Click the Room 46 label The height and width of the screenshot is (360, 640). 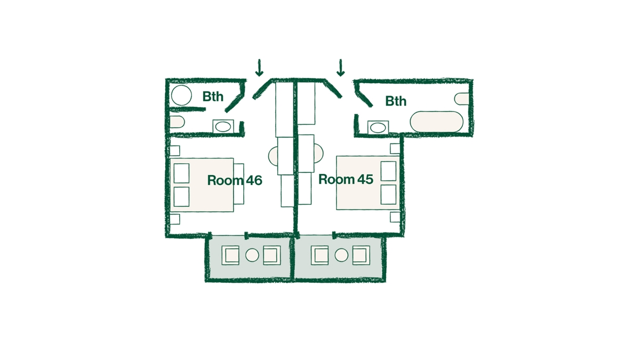pos(235,180)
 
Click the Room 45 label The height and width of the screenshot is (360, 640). pos(346,179)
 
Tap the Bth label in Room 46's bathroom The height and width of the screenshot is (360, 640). pos(213,97)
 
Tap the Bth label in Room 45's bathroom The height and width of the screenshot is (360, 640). pos(396,101)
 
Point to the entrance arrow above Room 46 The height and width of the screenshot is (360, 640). pos(259,68)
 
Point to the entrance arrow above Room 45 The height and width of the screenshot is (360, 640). pos(340,68)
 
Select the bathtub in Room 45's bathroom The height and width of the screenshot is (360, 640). pos(437,122)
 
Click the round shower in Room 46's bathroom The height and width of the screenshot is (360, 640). pos(181,95)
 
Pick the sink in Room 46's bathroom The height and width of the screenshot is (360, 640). pos(223,126)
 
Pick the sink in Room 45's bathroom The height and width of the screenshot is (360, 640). pos(378,127)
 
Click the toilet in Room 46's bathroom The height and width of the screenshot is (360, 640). pos(177,122)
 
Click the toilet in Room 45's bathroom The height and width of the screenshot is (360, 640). pos(462,99)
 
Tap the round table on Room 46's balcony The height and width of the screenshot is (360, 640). pos(252,255)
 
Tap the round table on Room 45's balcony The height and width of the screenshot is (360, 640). pos(341,255)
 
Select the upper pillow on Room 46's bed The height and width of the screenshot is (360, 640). pos(181,173)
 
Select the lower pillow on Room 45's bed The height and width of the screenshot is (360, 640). pos(389,194)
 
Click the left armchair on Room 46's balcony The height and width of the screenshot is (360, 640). pos(230,255)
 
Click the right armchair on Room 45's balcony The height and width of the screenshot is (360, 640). pos(361,255)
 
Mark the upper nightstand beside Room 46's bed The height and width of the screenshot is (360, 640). pos(175,150)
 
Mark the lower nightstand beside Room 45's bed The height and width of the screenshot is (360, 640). pos(395,217)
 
